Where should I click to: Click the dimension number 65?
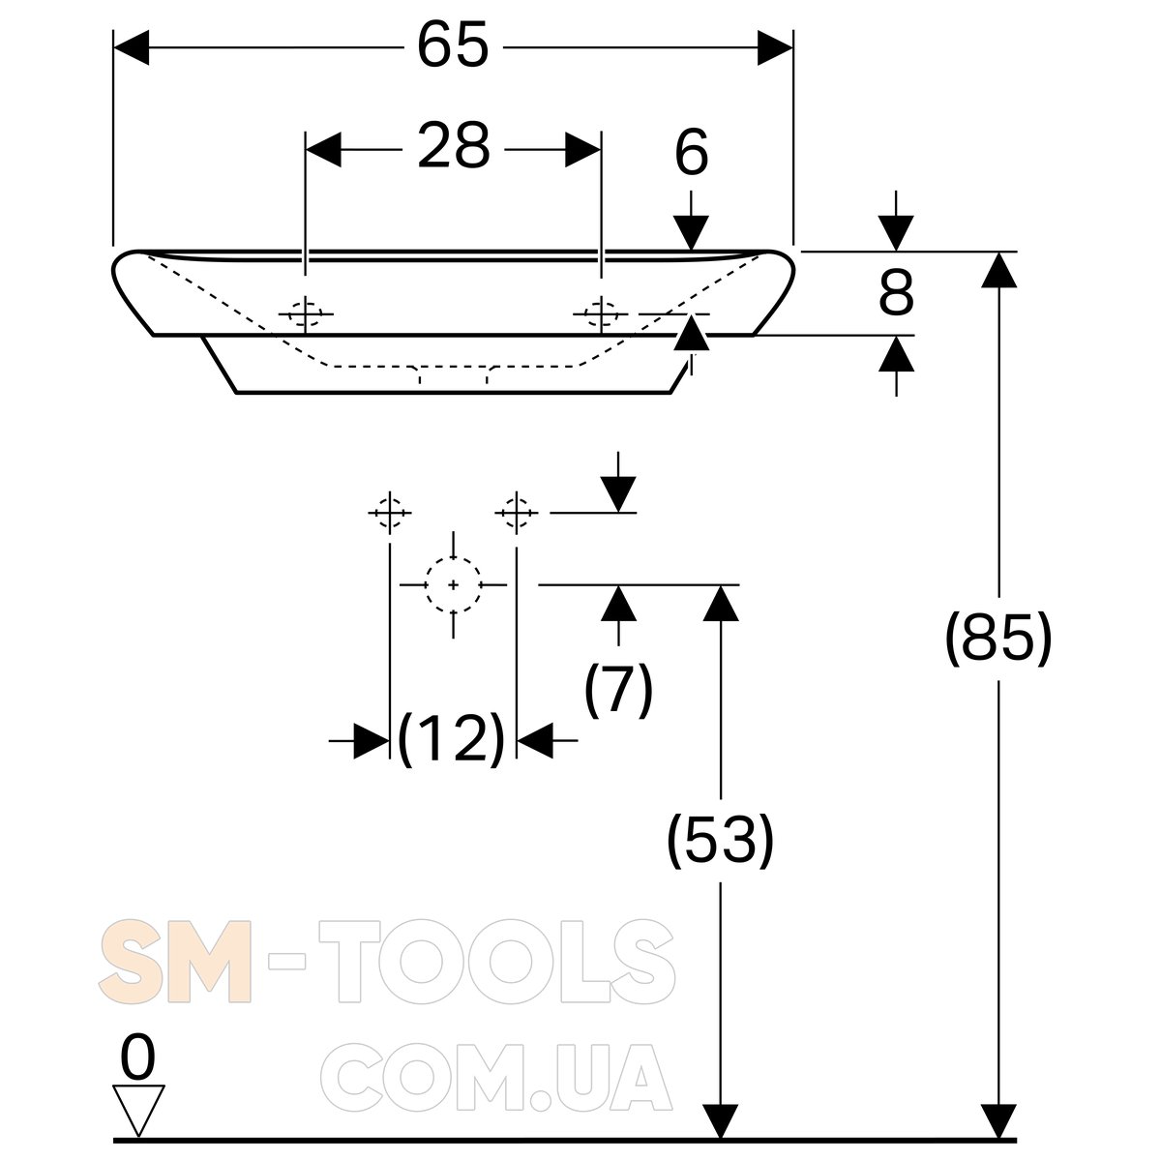(453, 46)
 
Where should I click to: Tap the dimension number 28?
(454, 146)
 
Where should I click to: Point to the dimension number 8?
(897, 293)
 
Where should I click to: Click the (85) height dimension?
(998, 638)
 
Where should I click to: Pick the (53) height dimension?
(721, 840)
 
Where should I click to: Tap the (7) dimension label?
(619, 690)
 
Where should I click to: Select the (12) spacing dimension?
(452, 738)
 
